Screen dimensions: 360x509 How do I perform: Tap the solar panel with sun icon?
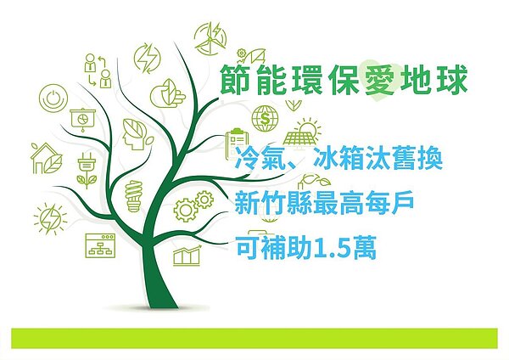(303, 133)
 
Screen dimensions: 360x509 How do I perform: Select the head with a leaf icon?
(134, 130)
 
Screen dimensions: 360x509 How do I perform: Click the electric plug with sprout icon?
(86, 169)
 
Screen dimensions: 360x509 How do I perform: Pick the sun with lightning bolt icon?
(48, 219)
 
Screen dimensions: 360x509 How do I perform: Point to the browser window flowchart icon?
(99, 246)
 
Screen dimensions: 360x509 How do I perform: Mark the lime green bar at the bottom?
(254, 337)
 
